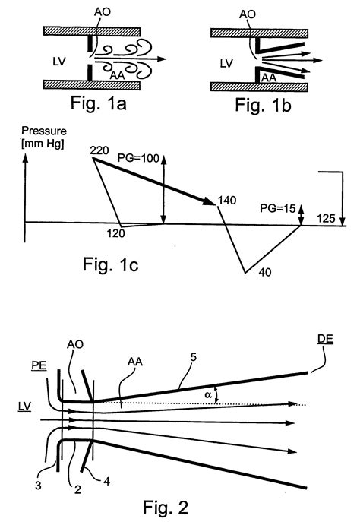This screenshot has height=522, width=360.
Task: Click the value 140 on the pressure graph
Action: [227, 200]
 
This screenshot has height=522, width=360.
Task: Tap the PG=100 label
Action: [138, 158]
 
